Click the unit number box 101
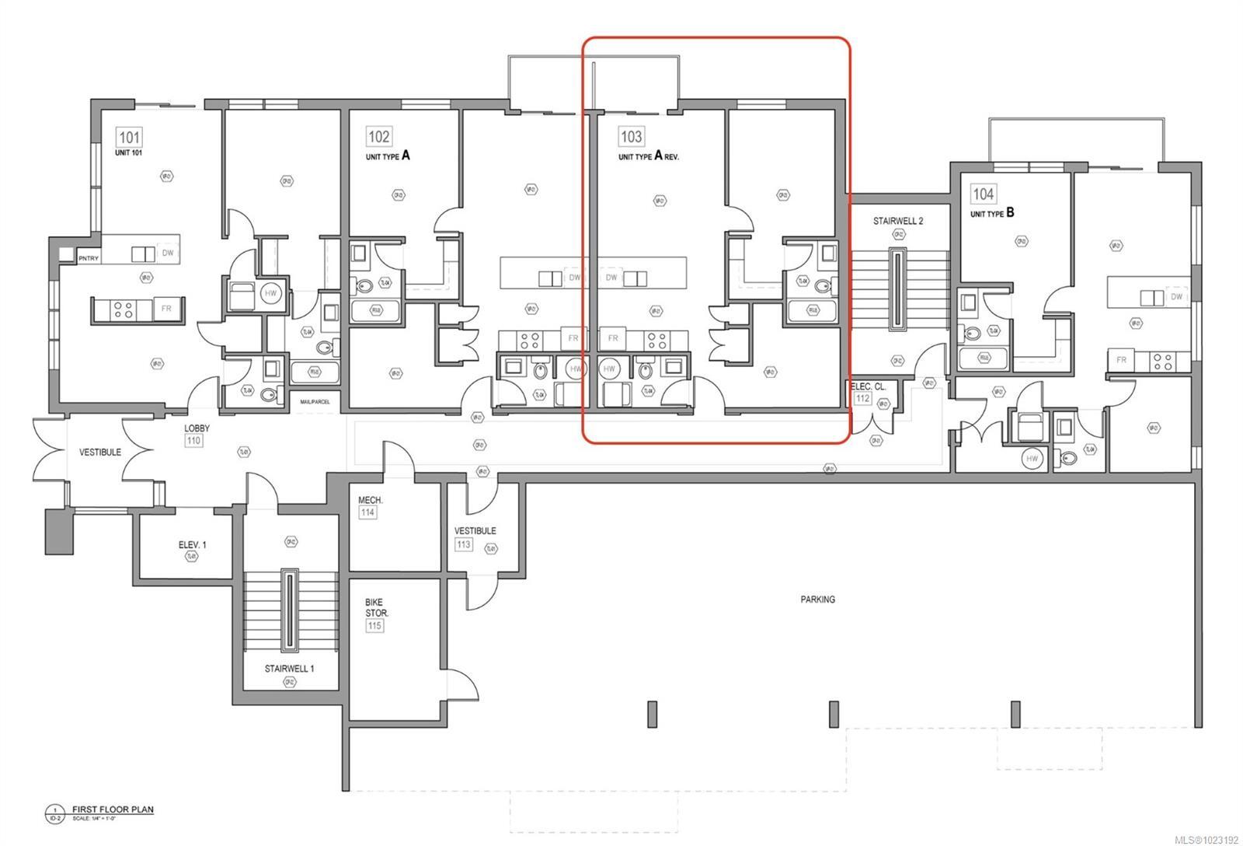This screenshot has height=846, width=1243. [129, 138]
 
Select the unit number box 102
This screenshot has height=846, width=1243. [378, 137]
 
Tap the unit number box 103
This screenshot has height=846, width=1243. [631, 136]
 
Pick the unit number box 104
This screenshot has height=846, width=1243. [983, 194]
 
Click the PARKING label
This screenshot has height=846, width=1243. [817, 600]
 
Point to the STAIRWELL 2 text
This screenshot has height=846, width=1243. [897, 221]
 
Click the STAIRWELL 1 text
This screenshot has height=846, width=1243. [289, 669]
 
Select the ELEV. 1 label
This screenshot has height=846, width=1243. [192, 545]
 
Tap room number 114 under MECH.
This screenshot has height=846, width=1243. [367, 512]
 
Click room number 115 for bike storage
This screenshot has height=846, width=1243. [375, 625]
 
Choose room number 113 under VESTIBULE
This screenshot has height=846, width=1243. [464, 544]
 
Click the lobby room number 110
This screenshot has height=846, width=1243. [194, 441]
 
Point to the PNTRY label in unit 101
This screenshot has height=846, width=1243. [88, 258]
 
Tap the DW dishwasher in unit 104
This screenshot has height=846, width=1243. [1176, 296]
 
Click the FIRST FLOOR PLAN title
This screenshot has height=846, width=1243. [113, 809]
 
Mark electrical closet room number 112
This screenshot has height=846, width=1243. [862, 398]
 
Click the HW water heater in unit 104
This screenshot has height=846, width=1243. [1032, 459]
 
